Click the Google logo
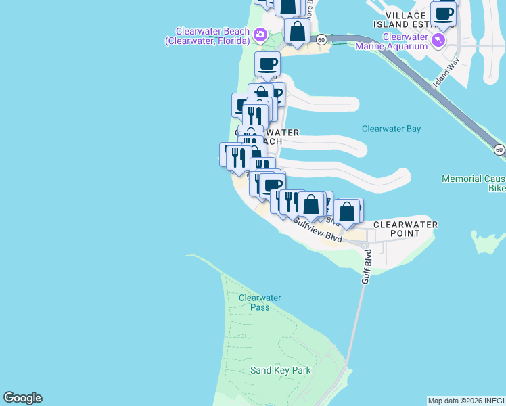coord(22,398)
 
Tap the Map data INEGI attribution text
coord(465,401)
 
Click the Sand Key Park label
coord(280,370)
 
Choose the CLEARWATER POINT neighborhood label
coord(405,229)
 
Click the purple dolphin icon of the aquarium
coord(440,41)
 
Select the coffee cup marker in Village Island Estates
coord(443,14)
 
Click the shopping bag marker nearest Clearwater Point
coord(347,212)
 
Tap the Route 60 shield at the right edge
coord(499,149)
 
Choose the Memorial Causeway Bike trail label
coord(474,183)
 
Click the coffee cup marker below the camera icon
coord(267,64)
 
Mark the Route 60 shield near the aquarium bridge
coord(323,40)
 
